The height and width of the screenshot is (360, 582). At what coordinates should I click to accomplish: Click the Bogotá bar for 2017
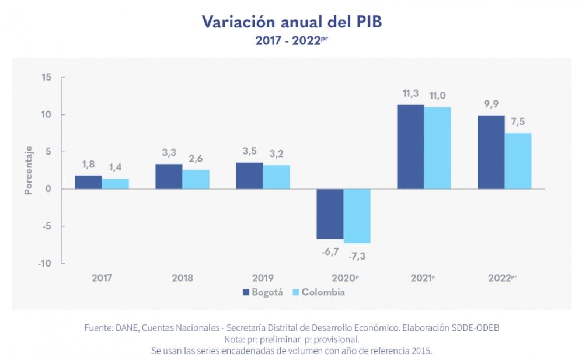(x=88, y=182)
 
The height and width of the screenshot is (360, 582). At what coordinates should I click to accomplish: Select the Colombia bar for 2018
(x=196, y=179)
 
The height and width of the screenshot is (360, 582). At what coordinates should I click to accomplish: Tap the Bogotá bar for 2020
(x=330, y=214)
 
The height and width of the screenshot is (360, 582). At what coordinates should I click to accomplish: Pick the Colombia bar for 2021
(x=437, y=148)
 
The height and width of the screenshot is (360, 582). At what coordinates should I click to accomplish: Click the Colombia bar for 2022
(x=518, y=161)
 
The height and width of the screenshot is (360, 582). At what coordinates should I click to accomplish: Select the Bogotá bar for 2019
(x=249, y=176)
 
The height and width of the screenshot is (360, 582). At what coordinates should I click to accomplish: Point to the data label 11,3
(x=410, y=93)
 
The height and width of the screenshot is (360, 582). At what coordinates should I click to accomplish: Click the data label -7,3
(x=357, y=256)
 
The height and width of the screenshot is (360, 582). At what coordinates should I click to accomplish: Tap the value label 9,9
(x=491, y=104)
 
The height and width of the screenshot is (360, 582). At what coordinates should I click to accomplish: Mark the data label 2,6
(x=196, y=158)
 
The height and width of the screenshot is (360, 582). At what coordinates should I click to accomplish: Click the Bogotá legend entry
(x=262, y=292)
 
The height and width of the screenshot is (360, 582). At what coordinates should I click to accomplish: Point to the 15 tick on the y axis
(x=47, y=77)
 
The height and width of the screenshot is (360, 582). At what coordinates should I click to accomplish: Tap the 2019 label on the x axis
(x=263, y=278)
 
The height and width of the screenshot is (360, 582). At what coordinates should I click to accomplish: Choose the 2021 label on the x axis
(x=422, y=278)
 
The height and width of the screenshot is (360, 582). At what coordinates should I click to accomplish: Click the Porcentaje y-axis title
(x=28, y=170)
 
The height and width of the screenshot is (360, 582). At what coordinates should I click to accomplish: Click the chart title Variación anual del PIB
(x=291, y=22)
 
